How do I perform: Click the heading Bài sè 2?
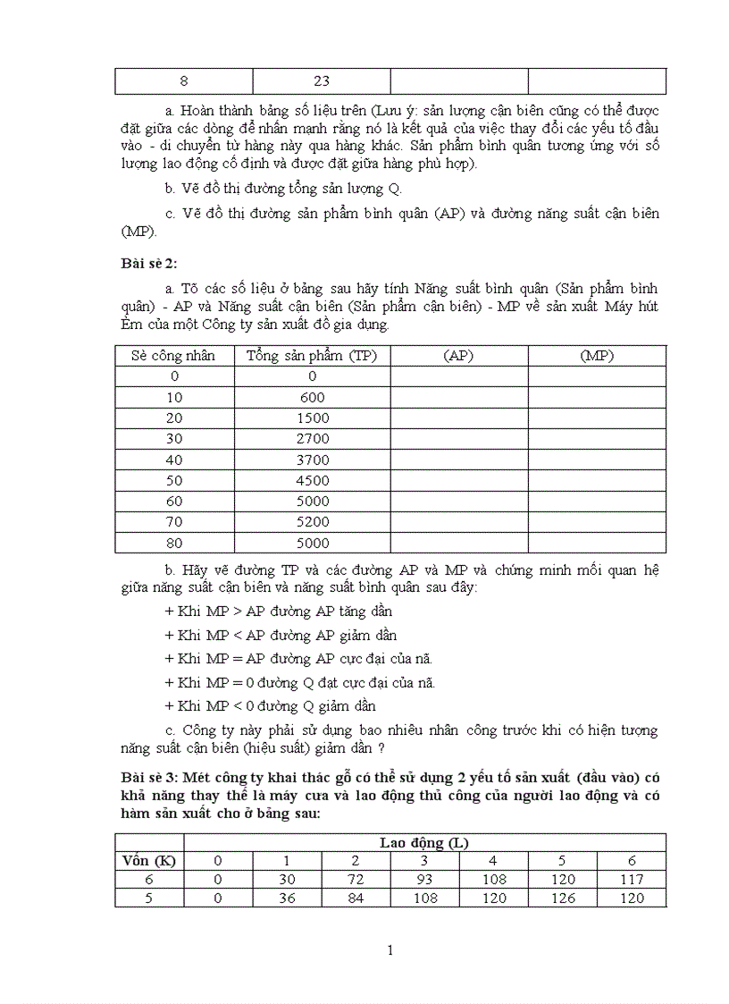149,262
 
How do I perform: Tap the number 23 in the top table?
322,81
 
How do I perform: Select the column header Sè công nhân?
174,356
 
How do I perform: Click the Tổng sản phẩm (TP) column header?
313,356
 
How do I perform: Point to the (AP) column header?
459,356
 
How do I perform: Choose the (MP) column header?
597,356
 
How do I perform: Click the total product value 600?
313,398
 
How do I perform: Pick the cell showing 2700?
313,439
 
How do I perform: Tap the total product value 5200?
313,522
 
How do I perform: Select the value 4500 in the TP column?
313,481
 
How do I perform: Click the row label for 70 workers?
174,522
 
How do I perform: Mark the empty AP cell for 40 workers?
459,460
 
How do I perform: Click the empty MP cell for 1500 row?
597,418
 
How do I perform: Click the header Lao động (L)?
424,842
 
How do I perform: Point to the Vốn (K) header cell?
149,860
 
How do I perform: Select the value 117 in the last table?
632,880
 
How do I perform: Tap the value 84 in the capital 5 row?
356,898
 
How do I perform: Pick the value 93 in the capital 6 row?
425,880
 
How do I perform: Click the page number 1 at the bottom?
390,950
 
